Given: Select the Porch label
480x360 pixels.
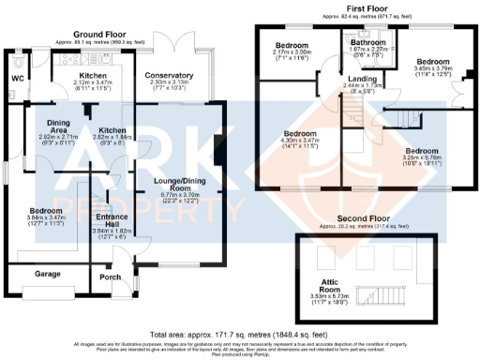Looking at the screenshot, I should (111, 277).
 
